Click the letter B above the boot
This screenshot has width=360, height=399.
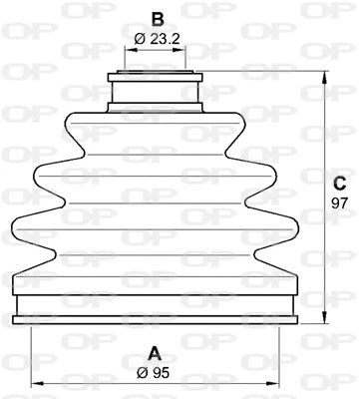pos(156,18)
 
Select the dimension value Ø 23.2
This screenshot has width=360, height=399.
pos(156,40)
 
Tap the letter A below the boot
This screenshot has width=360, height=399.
pos(155,352)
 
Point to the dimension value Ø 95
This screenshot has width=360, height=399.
pos(156,373)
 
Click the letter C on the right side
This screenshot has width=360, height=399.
pos(339,183)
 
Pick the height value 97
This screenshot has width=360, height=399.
pos(339,202)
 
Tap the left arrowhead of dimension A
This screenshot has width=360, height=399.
pos(34,384)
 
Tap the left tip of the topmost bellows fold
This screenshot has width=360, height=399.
pos(66,127)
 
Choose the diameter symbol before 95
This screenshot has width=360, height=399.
pos(145,373)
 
